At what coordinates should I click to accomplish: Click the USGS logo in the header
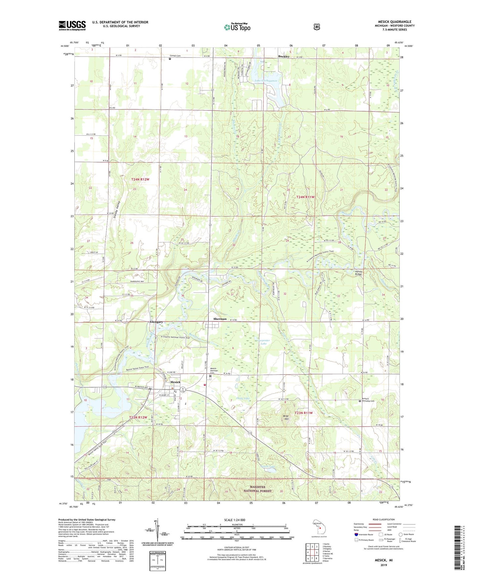click(72, 25)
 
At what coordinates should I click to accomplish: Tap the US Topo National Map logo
click(237, 27)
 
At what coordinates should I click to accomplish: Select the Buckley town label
click(283, 57)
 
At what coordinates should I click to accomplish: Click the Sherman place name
click(220, 319)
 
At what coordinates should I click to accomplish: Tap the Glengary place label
click(156, 322)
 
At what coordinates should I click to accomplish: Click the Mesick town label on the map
click(175, 382)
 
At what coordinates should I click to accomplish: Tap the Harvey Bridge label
click(359, 273)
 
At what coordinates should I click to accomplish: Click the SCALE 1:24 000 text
click(235, 520)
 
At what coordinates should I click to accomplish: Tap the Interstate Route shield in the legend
click(356, 534)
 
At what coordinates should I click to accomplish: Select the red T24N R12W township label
click(140, 179)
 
